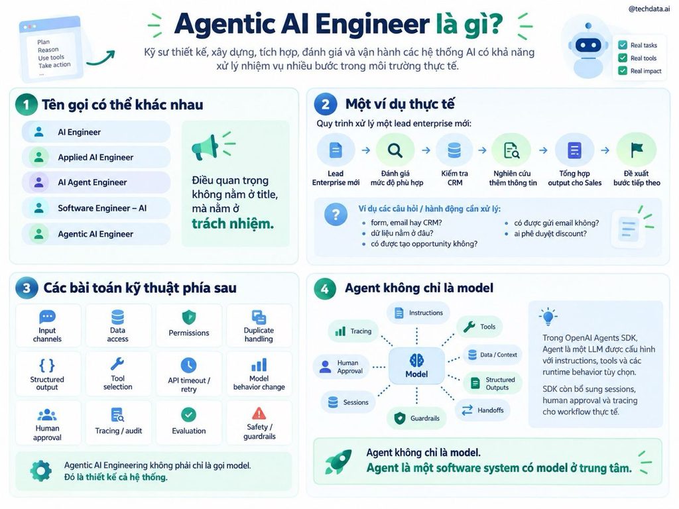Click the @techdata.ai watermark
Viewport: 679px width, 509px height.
648,9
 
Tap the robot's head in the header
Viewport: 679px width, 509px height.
588,44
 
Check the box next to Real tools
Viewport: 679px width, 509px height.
623,58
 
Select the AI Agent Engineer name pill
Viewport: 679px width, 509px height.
96,182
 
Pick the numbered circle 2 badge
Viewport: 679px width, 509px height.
325,104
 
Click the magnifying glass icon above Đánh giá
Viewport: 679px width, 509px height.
395,150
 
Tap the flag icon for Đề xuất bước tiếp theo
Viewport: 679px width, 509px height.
636,149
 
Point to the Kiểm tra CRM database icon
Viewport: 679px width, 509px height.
454,150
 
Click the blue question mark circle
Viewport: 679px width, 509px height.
336,214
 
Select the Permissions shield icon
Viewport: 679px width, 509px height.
189,317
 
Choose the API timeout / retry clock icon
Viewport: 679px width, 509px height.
188,365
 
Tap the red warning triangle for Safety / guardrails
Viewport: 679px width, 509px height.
259,414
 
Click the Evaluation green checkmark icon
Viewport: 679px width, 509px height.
188,415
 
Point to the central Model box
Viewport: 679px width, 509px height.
416,366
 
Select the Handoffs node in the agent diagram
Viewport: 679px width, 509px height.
483,410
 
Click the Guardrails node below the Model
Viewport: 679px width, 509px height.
416,418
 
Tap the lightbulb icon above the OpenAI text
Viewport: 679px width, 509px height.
548,316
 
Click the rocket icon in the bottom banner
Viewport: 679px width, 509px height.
338,461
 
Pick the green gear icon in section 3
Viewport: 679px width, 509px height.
40,471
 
